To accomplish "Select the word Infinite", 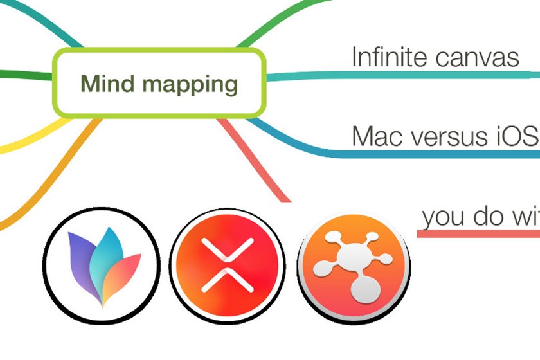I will (x=389, y=57).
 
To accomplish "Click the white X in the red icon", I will (x=227, y=264).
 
